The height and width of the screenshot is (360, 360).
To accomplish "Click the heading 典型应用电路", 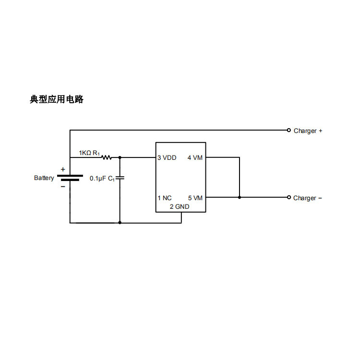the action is click(57, 99).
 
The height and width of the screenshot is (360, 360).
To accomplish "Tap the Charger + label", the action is click(308, 131).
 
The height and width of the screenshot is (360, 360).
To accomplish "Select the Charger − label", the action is click(308, 198).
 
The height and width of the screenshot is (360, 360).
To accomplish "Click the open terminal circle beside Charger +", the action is click(288, 130).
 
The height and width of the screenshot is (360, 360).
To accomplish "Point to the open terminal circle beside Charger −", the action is click(288, 197).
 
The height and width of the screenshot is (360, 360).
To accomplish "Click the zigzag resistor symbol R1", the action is click(106, 157).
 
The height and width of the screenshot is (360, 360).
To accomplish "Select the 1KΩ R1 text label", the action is click(89, 153).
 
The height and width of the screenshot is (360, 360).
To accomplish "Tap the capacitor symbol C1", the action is click(120, 178).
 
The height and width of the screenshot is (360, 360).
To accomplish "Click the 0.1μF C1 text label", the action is click(102, 178).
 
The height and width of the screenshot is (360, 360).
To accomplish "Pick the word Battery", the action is click(44, 178).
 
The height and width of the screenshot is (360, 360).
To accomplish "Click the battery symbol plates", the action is click(70, 178).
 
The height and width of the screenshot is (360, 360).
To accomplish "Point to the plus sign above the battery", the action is click(63, 169).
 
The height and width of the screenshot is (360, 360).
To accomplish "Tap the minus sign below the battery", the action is click(63, 187).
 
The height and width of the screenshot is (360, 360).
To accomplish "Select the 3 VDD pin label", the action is click(167, 157).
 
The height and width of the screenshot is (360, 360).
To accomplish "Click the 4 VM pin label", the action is click(195, 157).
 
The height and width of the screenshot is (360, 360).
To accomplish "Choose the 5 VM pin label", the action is click(195, 198).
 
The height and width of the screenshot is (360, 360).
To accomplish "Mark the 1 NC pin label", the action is click(165, 198).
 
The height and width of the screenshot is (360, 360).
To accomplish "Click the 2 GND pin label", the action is click(180, 207).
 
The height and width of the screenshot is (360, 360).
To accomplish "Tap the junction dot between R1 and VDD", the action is click(120, 157).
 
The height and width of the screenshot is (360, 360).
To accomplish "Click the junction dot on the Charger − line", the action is click(240, 197).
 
